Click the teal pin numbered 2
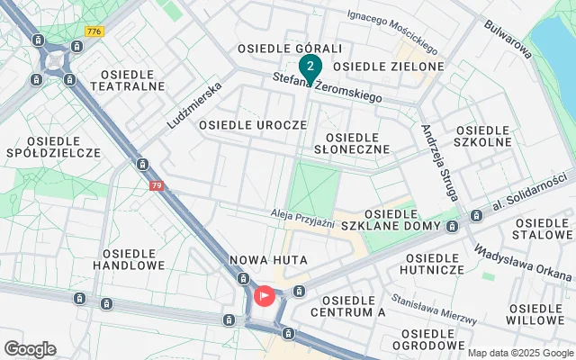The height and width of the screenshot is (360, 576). click(310, 67)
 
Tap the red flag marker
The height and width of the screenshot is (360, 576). click(265, 295)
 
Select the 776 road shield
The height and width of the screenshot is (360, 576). click(94, 31)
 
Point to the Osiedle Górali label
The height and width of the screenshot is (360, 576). click(277, 48)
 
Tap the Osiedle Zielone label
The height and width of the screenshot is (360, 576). click(388, 67)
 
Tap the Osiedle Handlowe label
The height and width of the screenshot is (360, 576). click(133, 259)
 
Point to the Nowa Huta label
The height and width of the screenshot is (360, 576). click(269, 260)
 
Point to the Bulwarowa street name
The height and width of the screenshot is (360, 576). click(508, 39)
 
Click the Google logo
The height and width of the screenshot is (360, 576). click(30, 348)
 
